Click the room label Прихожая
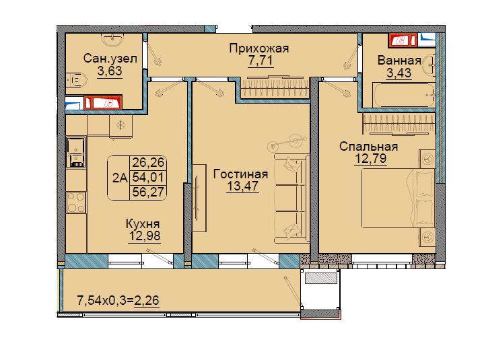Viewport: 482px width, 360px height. (259, 48)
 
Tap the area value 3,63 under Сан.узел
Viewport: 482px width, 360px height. (110, 71)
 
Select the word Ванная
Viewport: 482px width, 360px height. (399, 60)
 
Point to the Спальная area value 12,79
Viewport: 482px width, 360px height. (370, 159)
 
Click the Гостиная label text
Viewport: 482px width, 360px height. (241, 174)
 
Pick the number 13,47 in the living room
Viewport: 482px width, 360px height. (242, 186)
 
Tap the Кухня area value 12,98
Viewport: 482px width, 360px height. (145, 236)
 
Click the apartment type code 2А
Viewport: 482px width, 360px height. (120, 178)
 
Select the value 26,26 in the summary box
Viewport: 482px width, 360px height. (148, 162)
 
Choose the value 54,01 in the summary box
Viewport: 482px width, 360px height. (148, 177)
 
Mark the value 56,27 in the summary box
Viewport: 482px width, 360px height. (148, 192)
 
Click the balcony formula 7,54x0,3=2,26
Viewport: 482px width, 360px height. (118, 300)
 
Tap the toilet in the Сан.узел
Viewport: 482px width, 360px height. (76, 80)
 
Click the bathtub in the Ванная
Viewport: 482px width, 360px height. (404, 95)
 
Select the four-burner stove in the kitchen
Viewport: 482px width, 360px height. (76, 203)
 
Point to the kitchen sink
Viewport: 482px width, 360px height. (75, 153)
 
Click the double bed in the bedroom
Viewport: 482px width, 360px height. (398, 199)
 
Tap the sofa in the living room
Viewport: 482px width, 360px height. (291, 199)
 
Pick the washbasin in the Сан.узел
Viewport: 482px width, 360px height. (112, 39)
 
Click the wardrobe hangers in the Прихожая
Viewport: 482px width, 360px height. (275, 87)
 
